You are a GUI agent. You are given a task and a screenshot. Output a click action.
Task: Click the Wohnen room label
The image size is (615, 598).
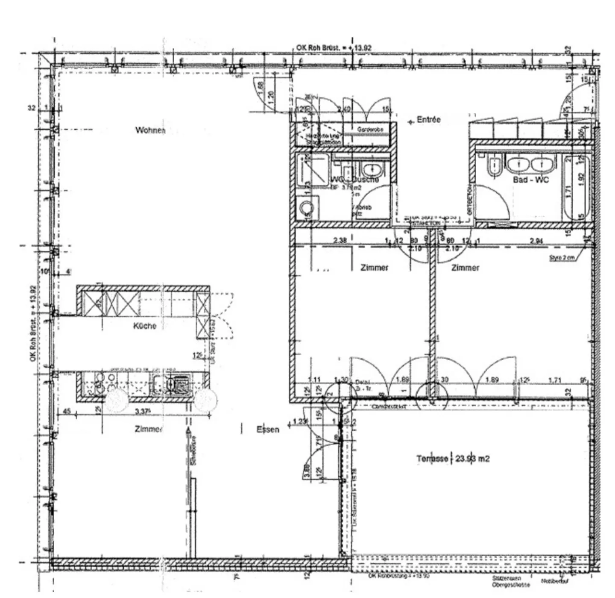[x=150, y=130]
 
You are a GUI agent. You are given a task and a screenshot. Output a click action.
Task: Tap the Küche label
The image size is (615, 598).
[x=145, y=326]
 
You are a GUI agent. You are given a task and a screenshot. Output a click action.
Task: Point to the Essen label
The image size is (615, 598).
[x=268, y=430]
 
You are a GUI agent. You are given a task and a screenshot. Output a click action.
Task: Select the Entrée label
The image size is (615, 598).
[x=428, y=120]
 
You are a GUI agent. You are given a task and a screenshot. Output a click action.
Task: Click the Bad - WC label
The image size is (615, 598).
[x=530, y=180]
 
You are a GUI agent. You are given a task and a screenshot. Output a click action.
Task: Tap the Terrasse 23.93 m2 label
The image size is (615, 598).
[x=453, y=459]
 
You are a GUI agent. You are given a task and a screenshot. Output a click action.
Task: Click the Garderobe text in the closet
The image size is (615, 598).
[x=370, y=129]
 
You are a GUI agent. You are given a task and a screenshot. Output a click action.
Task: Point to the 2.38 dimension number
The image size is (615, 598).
[x=340, y=241]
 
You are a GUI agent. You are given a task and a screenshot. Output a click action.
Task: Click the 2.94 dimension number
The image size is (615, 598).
[x=536, y=241]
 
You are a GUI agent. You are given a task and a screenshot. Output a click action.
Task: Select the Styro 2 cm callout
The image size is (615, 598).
[x=562, y=258]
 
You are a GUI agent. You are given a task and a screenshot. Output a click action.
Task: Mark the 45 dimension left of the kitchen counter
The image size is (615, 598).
[x=67, y=412]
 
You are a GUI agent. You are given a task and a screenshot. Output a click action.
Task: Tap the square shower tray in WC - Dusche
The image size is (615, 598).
[x=313, y=170]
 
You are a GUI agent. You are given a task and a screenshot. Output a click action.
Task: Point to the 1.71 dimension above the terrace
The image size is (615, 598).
[x=554, y=380]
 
